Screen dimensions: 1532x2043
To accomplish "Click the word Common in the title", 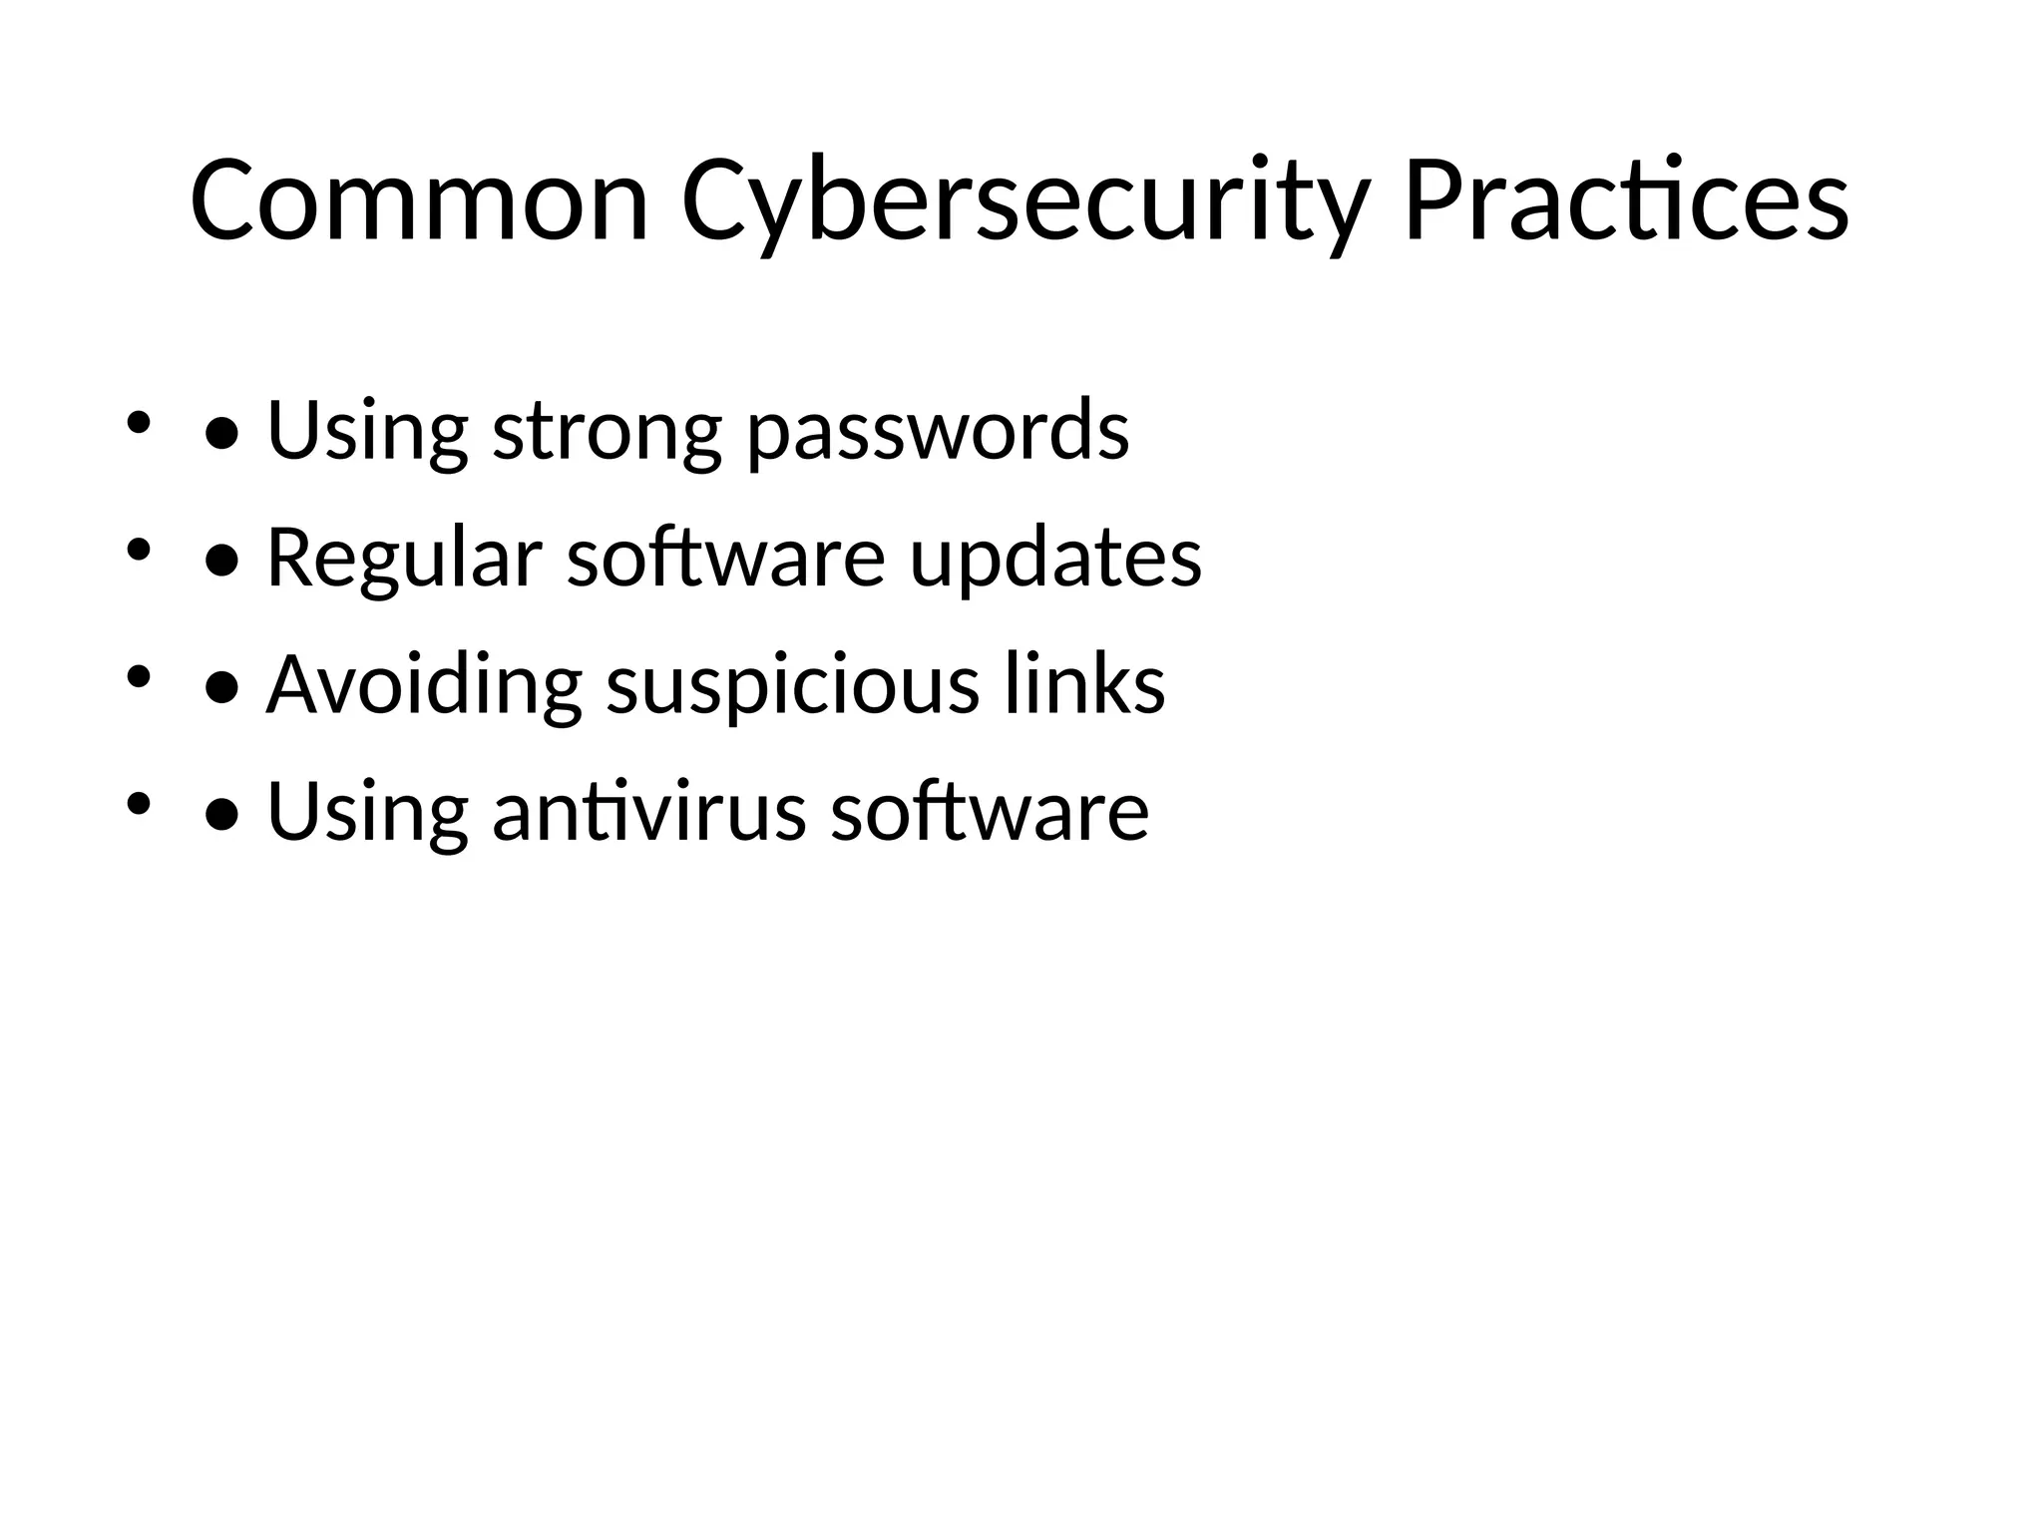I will coord(419,201).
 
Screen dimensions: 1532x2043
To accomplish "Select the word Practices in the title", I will coord(1627,201).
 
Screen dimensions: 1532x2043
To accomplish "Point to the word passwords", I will coord(939,432).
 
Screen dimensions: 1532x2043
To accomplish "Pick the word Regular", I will coord(404,558).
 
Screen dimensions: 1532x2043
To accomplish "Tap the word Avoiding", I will coord(424,685).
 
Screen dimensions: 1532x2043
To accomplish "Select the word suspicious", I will coord(793,687).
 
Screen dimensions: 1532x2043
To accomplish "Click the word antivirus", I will coord(648,812).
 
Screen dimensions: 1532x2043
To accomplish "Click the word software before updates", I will coord(725,558).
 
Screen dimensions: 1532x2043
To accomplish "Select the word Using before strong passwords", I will coord(367,432).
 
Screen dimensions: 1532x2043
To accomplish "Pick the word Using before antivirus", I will coord(367,812).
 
